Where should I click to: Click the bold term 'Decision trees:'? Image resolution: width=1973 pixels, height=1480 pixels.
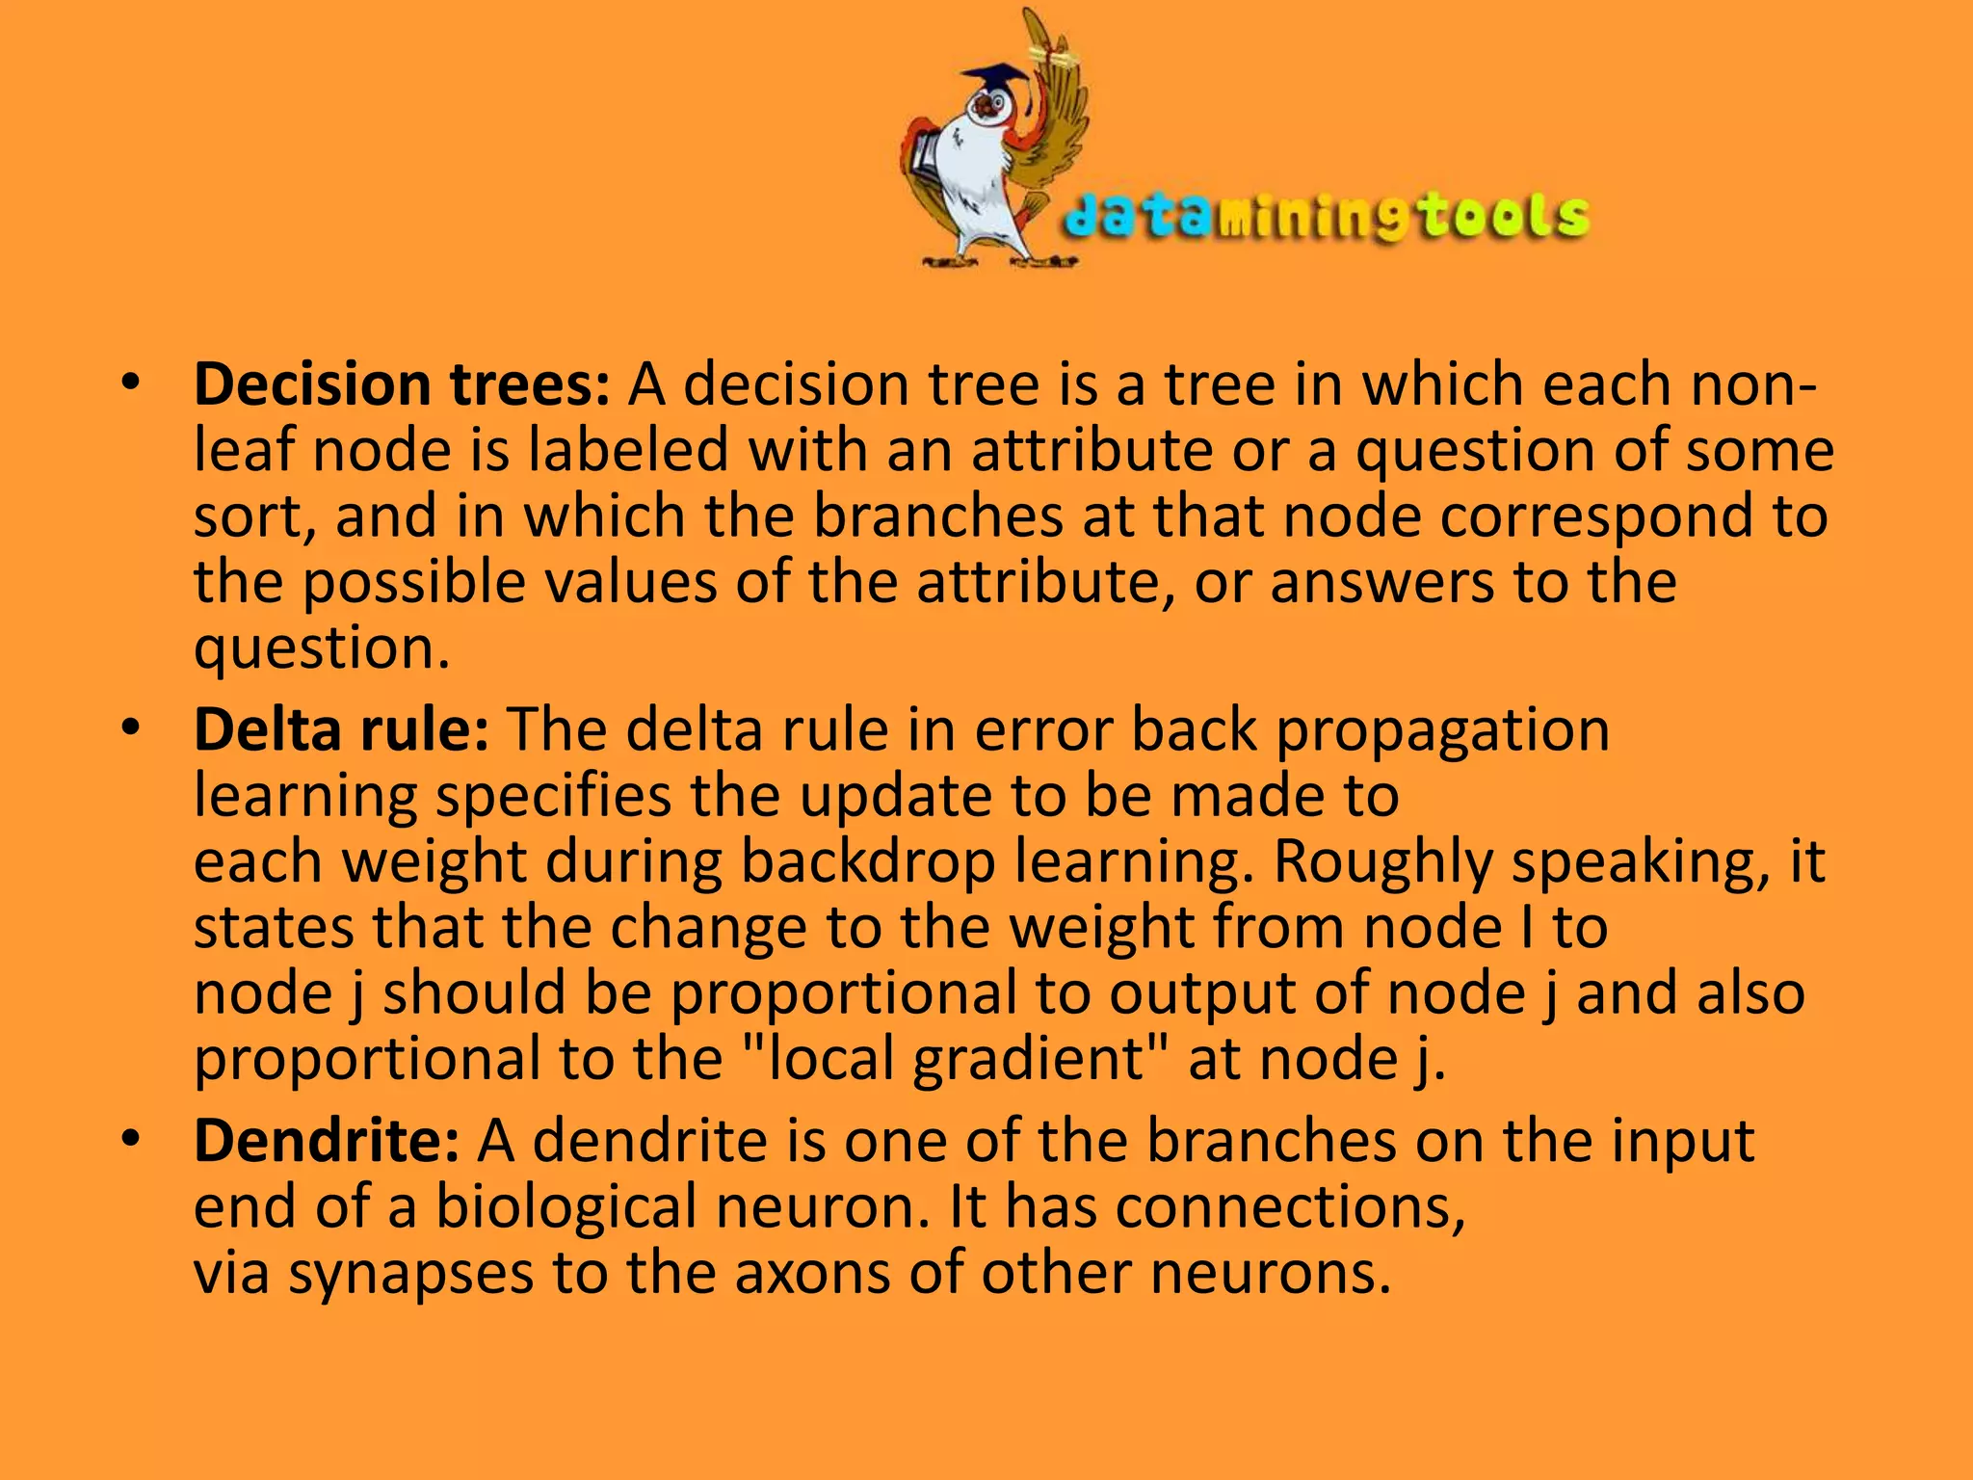click(x=402, y=384)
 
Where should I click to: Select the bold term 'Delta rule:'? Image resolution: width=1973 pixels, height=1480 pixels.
click(x=341, y=729)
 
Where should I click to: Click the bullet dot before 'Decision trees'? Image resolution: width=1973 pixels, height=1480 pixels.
click(x=131, y=383)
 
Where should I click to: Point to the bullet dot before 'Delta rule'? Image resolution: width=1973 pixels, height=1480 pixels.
click(x=131, y=728)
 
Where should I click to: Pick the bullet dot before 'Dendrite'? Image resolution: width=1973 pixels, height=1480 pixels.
click(x=131, y=1140)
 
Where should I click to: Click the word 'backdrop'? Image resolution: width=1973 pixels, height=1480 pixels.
click(x=867, y=861)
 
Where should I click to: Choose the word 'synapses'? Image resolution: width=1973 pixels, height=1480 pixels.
click(x=410, y=1273)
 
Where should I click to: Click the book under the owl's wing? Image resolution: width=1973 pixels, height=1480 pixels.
click(x=924, y=159)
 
